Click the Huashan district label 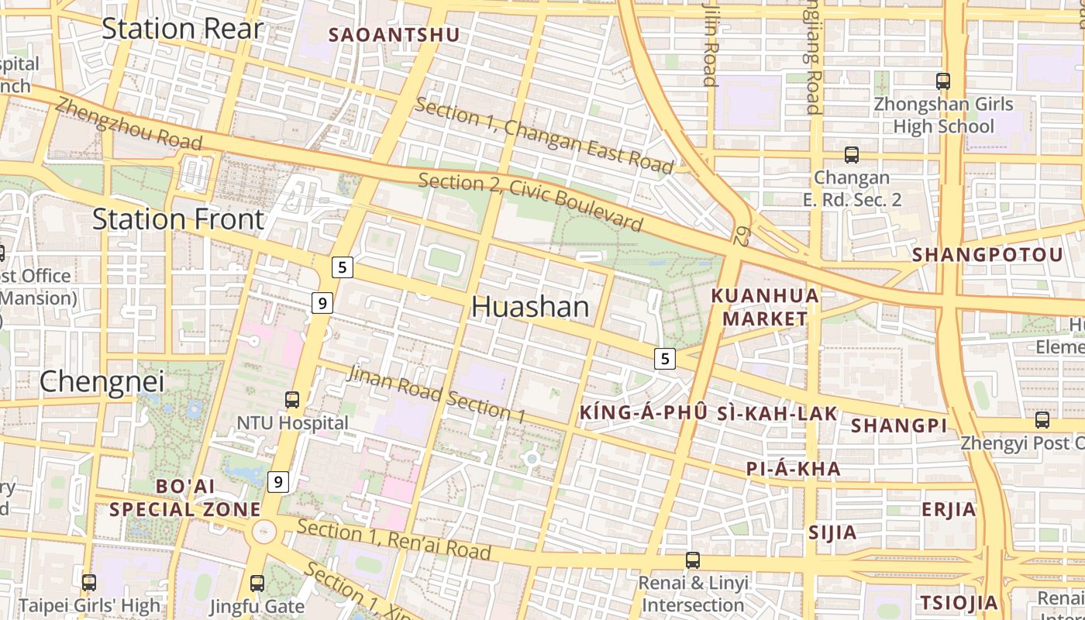(x=530, y=308)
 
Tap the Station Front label (x=178, y=219)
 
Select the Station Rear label (x=182, y=29)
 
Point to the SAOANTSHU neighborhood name (x=394, y=35)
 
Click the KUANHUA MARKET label (x=765, y=307)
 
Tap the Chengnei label (x=102, y=381)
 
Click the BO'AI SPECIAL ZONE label (x=185, y=498)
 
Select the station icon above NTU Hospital (x=292, y=400)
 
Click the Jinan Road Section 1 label (x=436, y=394)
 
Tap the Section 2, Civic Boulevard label (x=531, y=202)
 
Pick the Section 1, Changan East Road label (x=544, y=136)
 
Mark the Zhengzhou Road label (x=129, y=125)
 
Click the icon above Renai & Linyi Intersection (x=693, y=560)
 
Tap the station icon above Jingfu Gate (x=257, y=583)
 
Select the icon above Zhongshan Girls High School (x=943, y=81)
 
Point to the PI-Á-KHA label (x=793, y=468)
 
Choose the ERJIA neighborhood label (x=949, y=510)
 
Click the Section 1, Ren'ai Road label (x=394, y=540)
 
